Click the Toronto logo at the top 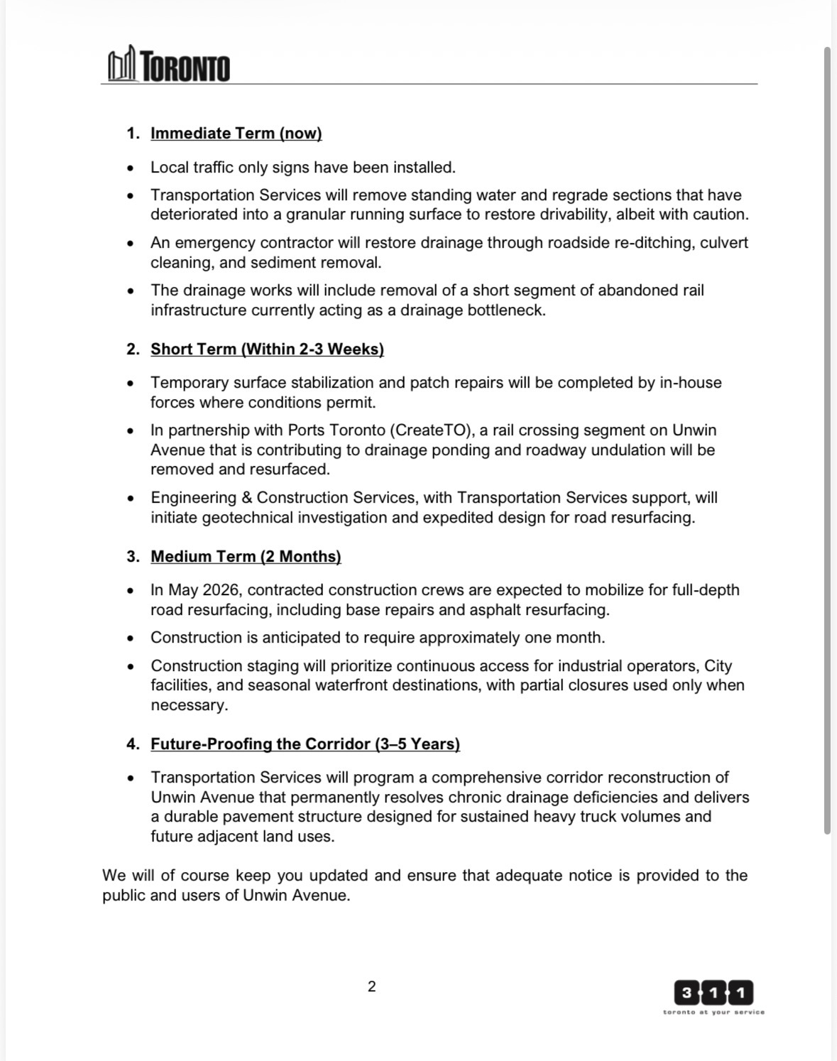tap(169, 66)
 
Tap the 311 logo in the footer tap(713, 991)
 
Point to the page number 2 tap(372, 986)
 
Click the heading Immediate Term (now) tap(236, 134)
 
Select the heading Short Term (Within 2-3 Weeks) tap(267, 349)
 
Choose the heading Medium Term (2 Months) tap(246, 556)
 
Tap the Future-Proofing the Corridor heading tap(305, 744)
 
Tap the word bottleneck tap(505, 310)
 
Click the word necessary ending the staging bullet tap(188, 705)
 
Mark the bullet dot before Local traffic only tap(130, 168)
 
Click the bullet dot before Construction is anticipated tap(130, 638)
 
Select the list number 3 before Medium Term tap(132, 556)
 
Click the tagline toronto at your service tap(713, 1012)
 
